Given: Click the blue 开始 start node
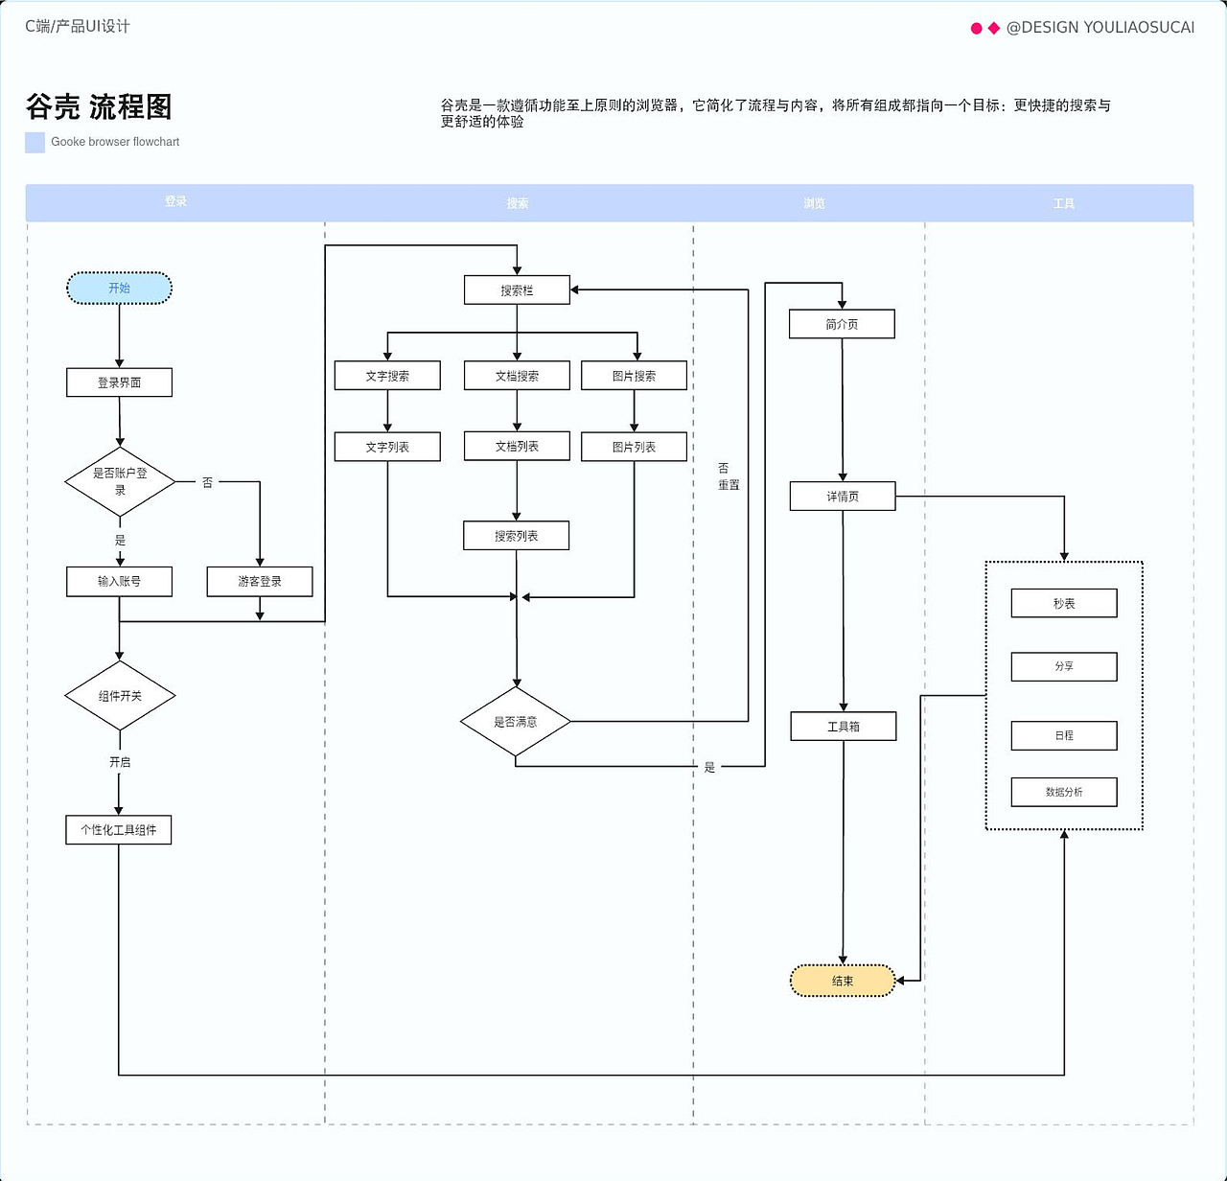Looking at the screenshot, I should [119, 289].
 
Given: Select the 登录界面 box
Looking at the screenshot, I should [119, 382].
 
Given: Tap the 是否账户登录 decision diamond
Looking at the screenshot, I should [120, 481].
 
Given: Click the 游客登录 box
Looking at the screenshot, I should [260, 582].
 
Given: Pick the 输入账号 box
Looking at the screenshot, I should [119, 582].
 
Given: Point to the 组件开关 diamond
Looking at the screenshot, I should [120, 696].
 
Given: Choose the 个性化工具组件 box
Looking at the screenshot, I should [119, 830].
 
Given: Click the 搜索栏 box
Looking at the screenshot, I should [517, 290].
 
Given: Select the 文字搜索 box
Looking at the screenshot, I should [387, 376].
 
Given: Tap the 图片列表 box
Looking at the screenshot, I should [634, 447].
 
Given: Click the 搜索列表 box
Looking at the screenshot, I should [516, 536].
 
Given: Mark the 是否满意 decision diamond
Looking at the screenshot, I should [516, 722].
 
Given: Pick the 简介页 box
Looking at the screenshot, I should [842, 324].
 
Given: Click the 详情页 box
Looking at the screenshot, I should [843, 497].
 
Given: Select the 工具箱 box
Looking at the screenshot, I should [844, 727].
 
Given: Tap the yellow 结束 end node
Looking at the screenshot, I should [843, 981].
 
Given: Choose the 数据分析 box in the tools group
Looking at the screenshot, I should [1064, 792].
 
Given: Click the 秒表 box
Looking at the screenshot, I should [1064, 604].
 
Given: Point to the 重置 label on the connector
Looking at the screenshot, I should [729, 485].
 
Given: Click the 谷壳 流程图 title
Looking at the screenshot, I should [99, 107].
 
